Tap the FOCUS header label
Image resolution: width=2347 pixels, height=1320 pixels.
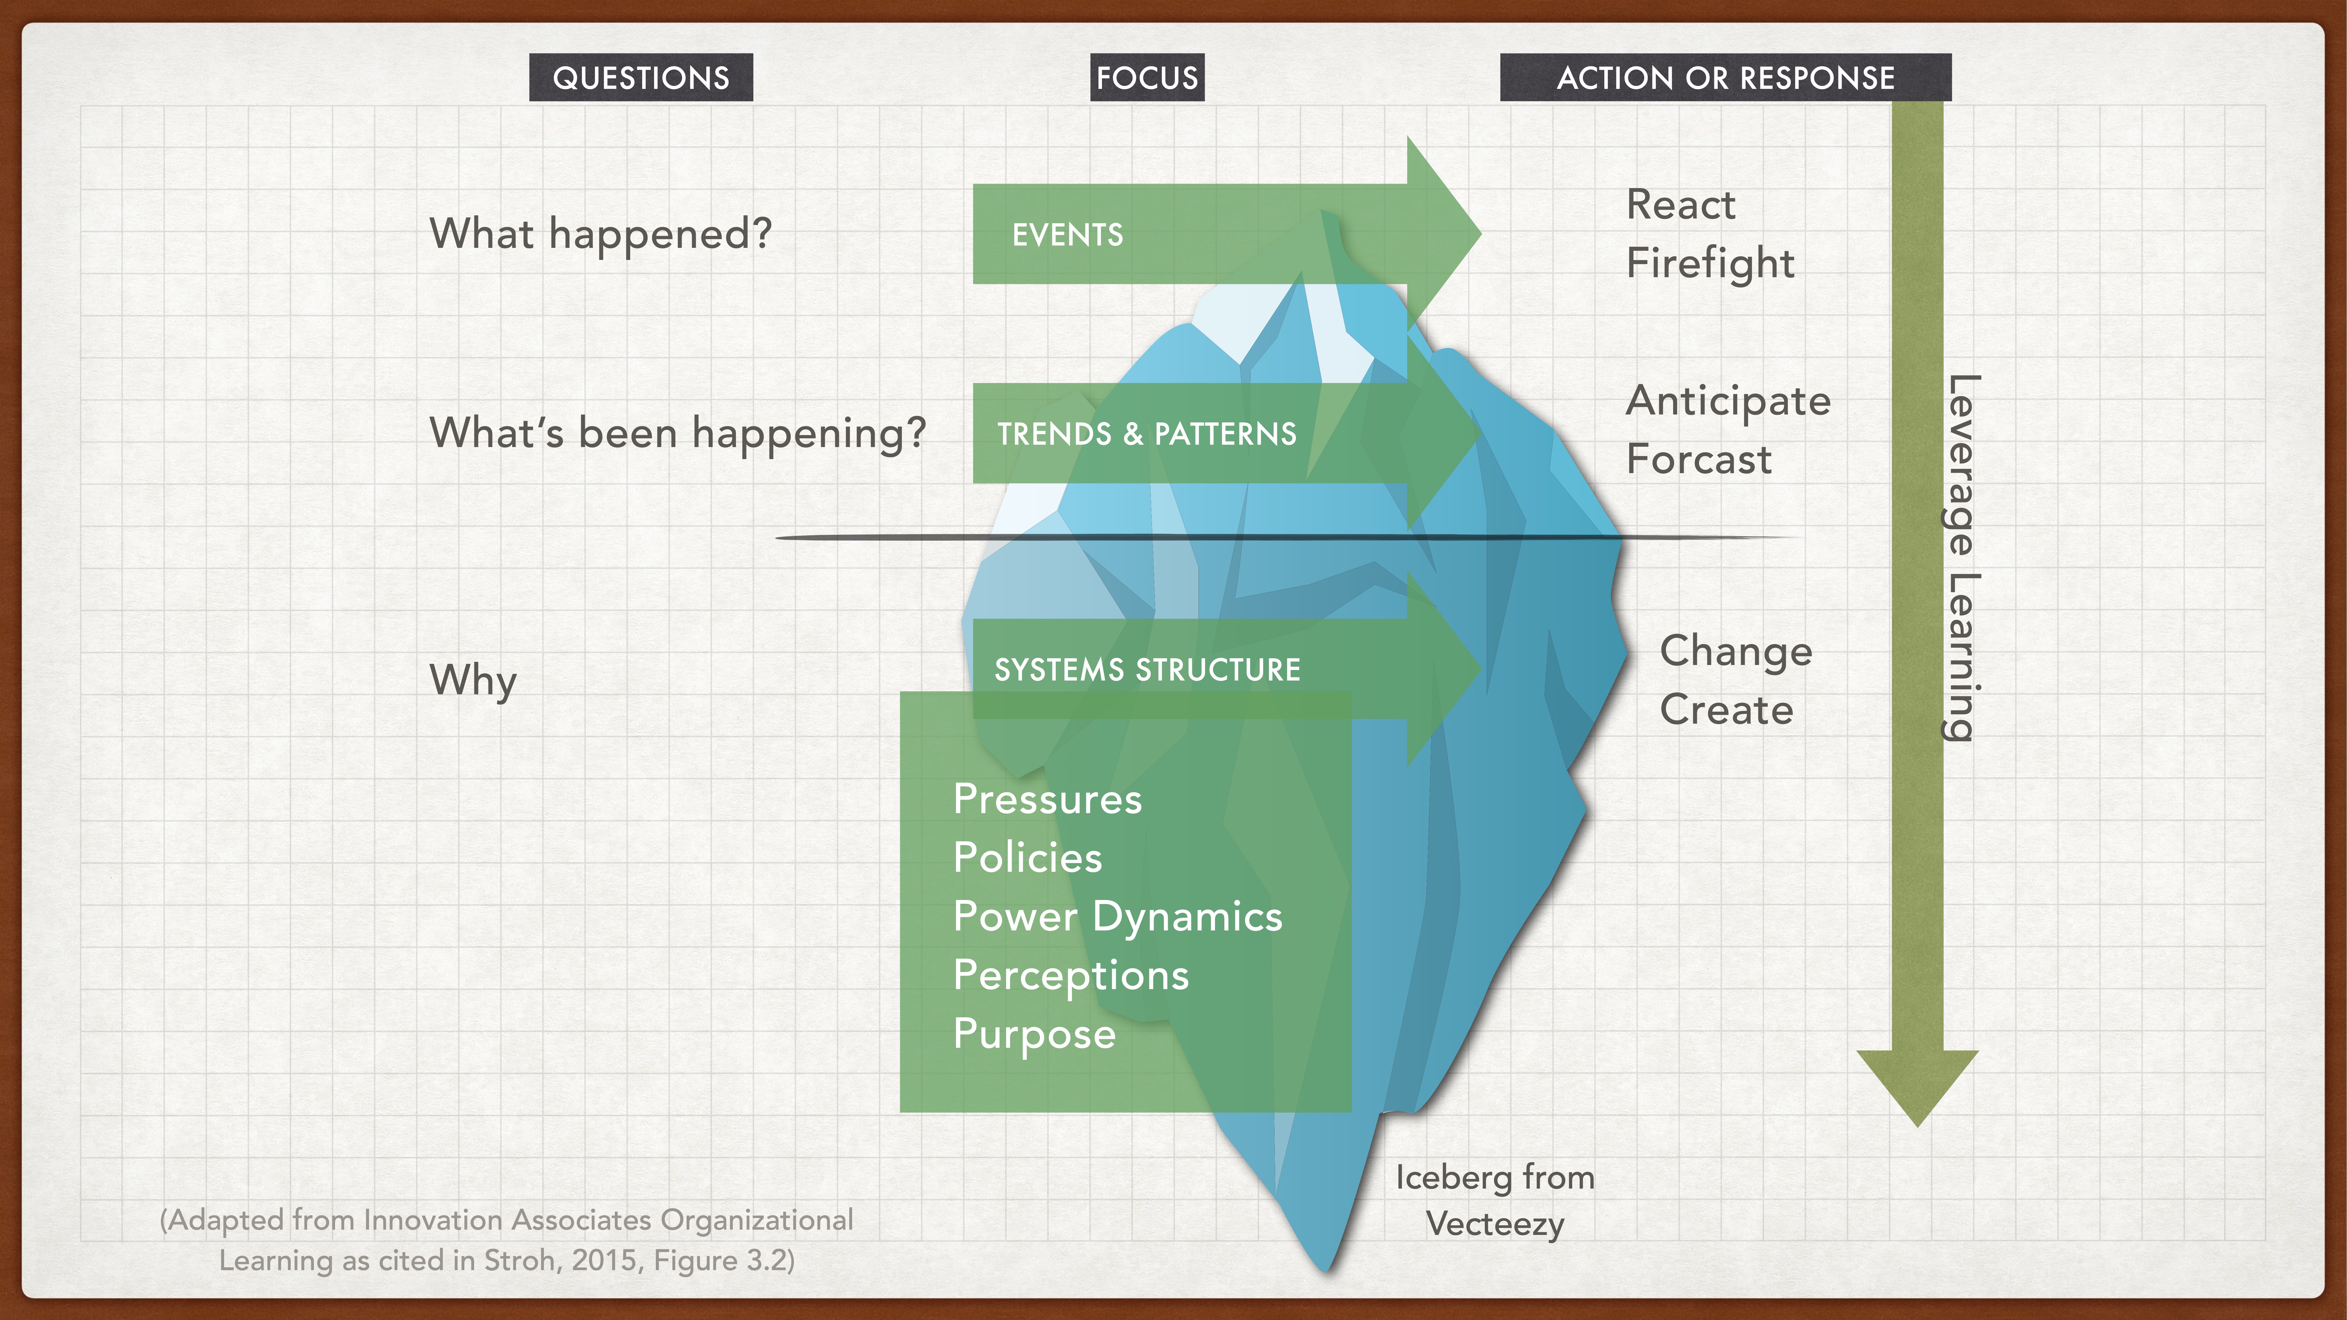pos(1147,77)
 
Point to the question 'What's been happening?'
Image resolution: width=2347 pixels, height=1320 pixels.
pos(677,433)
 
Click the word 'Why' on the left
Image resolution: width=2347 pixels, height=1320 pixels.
pos(473,681)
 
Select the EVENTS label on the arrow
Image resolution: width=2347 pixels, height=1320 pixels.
pos(1068,235)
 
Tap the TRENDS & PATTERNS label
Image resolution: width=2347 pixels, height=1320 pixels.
pos(1146,434)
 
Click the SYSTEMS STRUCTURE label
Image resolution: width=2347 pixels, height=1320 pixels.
pos(1147,670)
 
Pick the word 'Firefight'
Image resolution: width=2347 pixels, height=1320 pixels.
pos(1710,263)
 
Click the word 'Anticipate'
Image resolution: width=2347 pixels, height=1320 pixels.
pos(1728,401)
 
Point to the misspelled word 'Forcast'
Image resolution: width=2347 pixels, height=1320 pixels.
pos(1699,459)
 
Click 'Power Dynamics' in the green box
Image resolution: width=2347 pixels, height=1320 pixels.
pos(1117,916)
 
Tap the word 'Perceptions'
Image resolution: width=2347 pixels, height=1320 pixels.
pos(1071,976)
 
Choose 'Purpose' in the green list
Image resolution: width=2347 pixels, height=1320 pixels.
pos(1034,1034)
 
